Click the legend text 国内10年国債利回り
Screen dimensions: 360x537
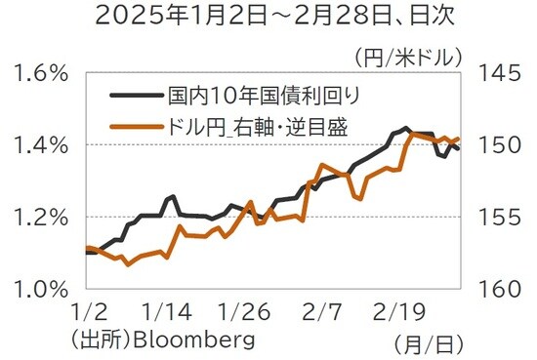pyautogui.click(x=264, y=96)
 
